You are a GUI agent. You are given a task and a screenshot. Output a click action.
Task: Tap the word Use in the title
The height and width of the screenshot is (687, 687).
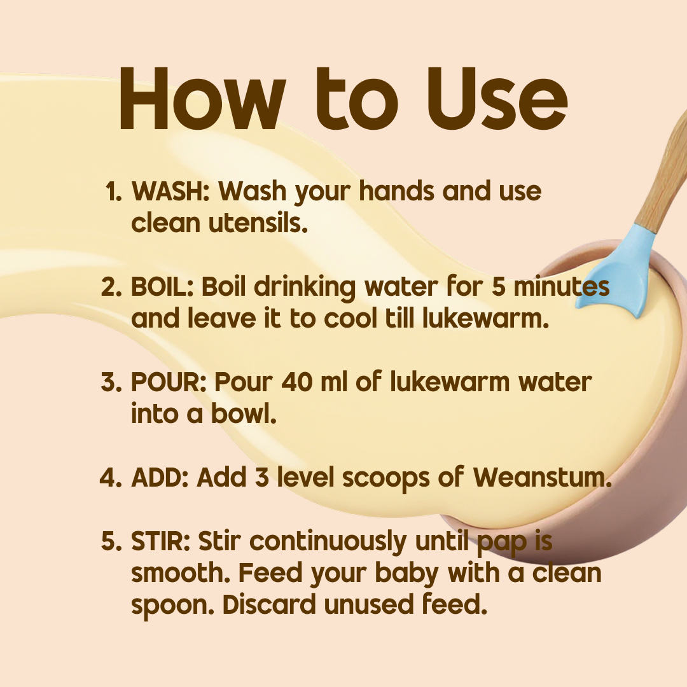[497, 99]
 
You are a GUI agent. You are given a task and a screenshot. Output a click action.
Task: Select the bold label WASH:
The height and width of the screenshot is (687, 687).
[170, 191]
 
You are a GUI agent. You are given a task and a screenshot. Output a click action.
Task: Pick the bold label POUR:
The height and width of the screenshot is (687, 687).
[169, 382]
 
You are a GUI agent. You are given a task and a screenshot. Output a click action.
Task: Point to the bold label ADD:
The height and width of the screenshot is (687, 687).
[160, 477]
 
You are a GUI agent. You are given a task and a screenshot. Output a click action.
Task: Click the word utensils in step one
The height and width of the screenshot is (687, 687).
[258, 223]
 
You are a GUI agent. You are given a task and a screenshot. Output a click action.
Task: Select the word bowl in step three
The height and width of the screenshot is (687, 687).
[244, 413]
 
